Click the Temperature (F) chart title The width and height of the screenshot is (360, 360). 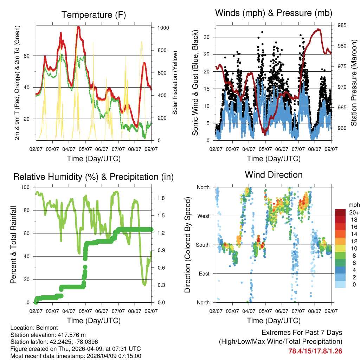point(94,15)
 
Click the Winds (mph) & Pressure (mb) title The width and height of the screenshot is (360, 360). point(274,13)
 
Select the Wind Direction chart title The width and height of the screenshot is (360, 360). point(274,175)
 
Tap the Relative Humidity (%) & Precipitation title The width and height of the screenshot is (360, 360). point(94,177)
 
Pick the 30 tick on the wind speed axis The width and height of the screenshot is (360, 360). point(207,37)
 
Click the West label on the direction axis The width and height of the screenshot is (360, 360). point(203,216)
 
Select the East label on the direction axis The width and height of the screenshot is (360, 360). point(204,274)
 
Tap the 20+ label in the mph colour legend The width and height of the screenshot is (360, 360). point(353,212)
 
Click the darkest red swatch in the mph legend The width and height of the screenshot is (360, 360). point(341,212)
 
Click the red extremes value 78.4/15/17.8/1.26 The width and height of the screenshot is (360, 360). point(315,351)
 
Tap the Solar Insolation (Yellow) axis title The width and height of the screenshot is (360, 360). point(175,83)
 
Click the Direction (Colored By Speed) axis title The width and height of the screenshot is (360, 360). point(187,245)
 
